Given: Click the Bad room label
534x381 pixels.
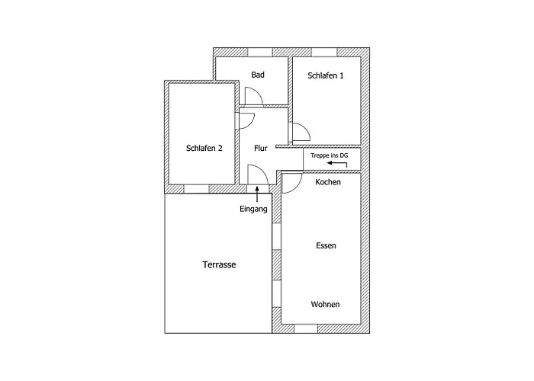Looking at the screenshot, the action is coord(258,75).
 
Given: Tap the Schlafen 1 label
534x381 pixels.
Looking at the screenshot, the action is coord(326,75).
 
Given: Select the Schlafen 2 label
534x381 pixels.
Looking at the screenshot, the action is coord(204,149).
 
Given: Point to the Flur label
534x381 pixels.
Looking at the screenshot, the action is coord(261,149).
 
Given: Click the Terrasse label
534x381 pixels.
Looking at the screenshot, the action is coord(219,264).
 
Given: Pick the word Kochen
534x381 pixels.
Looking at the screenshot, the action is coord(327,182).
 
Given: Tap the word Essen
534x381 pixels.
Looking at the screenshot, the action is coord(326,245).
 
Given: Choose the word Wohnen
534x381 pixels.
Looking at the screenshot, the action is coord(325,305).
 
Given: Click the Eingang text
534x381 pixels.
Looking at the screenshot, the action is coord(253,209).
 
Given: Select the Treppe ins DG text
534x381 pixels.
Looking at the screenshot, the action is coord(330,155).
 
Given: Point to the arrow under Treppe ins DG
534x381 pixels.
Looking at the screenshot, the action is coord(337,164).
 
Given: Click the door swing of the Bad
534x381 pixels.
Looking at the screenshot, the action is coord(254,96).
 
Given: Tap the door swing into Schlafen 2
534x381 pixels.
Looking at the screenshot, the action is coord(246,120).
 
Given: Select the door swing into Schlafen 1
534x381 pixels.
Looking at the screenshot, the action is coord(301,132).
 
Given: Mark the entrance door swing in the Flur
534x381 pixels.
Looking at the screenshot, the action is coord(258,174).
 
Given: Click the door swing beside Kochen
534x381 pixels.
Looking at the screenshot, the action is coord(292,183).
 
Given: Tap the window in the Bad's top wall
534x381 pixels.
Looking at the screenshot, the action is coord(260,52).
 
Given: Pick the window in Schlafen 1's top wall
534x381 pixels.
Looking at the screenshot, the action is coord(324,52).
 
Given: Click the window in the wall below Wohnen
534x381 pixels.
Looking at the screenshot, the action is coord(306,328).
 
